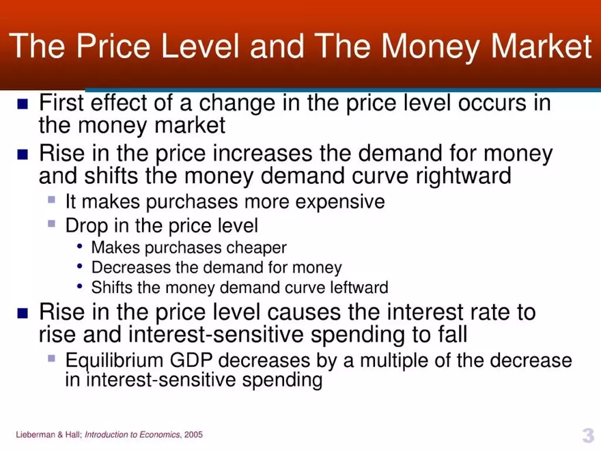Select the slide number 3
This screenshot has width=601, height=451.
click(x=587, y=435)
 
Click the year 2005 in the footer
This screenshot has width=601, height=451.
click(x=193, y=435)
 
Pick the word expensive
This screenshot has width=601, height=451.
click(x=342, y=202)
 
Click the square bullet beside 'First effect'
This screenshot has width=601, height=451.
click(x=23, y=105)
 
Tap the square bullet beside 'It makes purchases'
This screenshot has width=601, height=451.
click(x=51, y=201)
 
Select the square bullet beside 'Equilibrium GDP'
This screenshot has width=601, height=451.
click(x=51, y=359)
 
